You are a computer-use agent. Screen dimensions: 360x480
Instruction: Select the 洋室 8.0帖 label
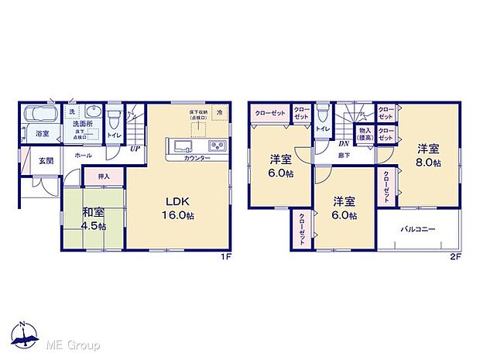pyautogui.click(x=430, y=156)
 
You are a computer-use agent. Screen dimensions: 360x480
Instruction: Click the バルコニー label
pyautogui.click(x=418, y=230)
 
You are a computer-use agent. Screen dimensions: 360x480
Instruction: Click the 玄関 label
pyautogui.click(x=46, y=161)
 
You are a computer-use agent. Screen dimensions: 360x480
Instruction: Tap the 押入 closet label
pyautogui.click(x=103, y=177)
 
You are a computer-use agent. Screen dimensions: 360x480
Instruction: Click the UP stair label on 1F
pyautogui.click(x=135, y=149)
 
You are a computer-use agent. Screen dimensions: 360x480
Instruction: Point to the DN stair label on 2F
pyautogui.click(x=342, y=143)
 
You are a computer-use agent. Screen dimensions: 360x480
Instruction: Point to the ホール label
pyautogui.click(x=84, y=155)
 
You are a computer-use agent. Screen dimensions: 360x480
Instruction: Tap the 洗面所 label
pyautogui.click(x=84, y=124)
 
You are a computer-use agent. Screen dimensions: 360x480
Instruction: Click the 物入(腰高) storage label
pyautogui.click(x=365, y=135)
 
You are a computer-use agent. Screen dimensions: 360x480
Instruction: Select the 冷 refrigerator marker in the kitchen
pyautogui.click(x=219, y=114)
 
